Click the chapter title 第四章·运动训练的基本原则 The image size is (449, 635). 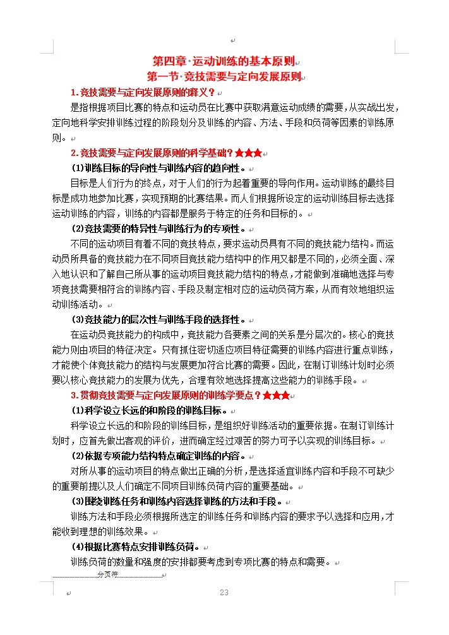(x=224, y=61)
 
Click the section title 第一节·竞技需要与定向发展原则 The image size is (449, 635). (x=224, y=76)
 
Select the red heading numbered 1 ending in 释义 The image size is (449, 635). (x=143, y=92)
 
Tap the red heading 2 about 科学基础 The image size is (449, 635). (x=152, y=153)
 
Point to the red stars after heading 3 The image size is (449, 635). (x=277, y=396)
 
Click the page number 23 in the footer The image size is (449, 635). (x=224, y=593)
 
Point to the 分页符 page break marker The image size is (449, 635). (x=107, y=575)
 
